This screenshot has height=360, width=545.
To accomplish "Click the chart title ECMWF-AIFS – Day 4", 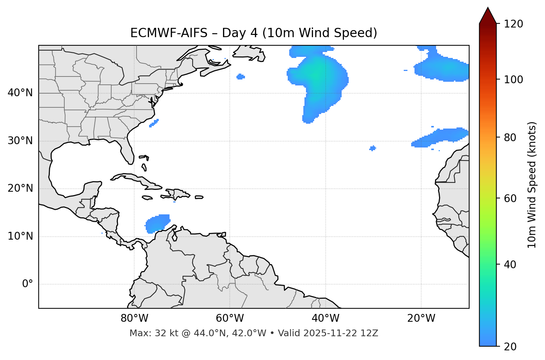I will (254, 33).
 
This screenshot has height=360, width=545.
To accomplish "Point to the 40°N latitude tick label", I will (20, 93).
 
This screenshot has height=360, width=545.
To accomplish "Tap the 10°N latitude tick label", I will (20, 236).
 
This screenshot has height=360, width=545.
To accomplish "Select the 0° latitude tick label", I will (27, 284).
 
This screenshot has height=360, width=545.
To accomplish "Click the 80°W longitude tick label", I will (134, 318).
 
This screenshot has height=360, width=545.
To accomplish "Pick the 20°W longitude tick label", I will (421, 318).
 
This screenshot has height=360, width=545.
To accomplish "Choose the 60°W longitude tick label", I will (230, 318).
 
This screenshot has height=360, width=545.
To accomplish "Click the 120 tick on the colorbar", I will (514, 24).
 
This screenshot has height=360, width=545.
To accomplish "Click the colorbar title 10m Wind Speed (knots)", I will (532, 185).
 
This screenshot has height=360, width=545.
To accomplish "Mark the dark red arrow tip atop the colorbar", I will (488, 11).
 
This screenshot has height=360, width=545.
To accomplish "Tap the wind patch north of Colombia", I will (158, 223).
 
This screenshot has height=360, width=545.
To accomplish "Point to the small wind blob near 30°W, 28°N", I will (373, 148).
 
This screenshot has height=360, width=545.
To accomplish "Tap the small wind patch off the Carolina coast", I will (154, 123).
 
